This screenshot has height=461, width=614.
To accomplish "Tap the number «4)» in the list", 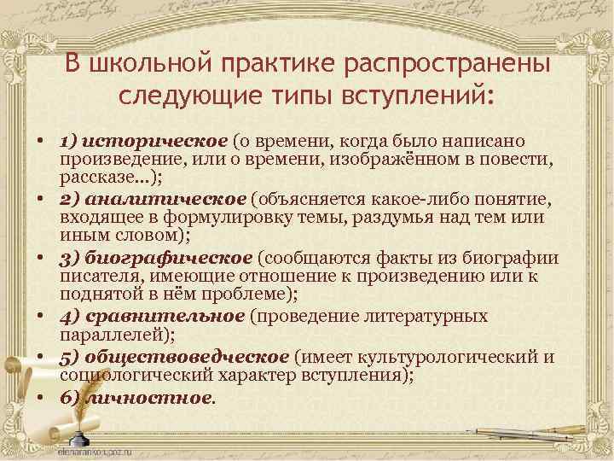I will (x=69, y=317).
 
